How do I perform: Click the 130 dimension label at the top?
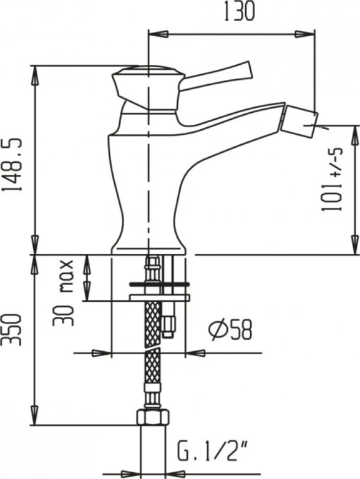click(x=239, y=12)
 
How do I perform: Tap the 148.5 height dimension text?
click(x=12, y=165)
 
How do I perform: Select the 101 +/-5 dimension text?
click(x=331, y=180)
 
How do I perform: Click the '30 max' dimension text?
click(x=63, y=293)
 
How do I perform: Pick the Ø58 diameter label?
click(x=231, y=329)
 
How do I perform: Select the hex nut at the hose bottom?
click(x=152, y=417)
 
